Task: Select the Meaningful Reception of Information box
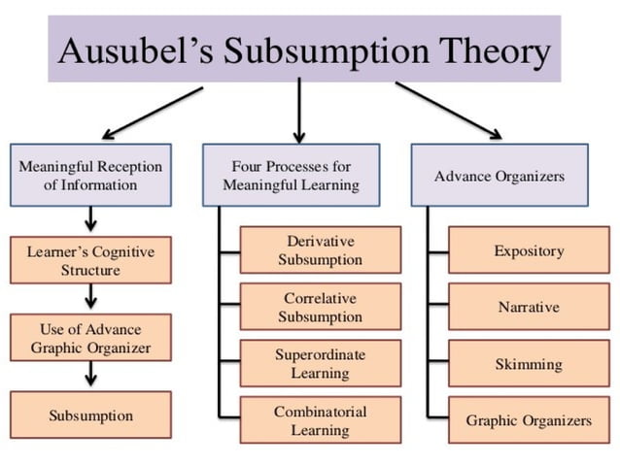point(90,176)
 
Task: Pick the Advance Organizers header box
point(499,176)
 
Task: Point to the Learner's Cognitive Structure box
point(90,260)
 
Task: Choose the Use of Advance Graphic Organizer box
point(90,337)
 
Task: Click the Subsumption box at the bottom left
point(90,415)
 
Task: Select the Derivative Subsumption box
point(320,250)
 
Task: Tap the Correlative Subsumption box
point(320,308)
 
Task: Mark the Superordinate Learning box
point(320,364)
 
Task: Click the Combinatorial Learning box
point(320,421)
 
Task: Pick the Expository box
point(529,250)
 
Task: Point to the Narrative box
point(529,308)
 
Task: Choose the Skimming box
point(529,364)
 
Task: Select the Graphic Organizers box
point(529,421)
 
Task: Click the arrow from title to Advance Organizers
point(448,110)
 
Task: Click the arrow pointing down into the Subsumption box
point(90,374)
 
